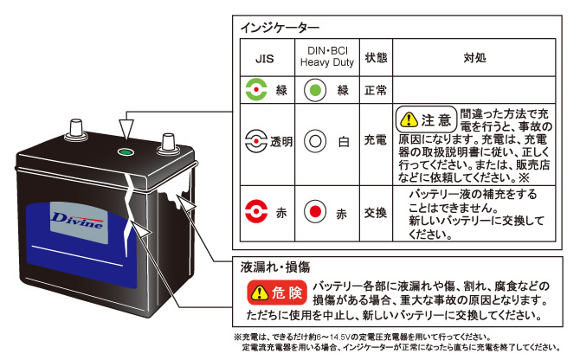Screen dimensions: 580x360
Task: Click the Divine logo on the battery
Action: tap(78, 221)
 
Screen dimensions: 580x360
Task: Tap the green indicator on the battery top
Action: tap(126, 152)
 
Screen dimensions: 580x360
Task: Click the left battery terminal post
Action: tap(76, 130)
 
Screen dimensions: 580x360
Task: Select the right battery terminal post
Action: tap(168, 145)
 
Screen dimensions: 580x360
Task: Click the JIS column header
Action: tap(265, 58)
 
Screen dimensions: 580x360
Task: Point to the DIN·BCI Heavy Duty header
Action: tap(327, 56)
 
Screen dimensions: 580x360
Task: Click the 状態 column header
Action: tap(376, 58)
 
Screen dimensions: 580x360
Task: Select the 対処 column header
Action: tap(474, 58)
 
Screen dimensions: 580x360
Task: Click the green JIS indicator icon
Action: tap(256, 89)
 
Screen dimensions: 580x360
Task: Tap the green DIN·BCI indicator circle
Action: tap(315, 90)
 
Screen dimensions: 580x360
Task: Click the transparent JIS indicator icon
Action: tap(256, 141)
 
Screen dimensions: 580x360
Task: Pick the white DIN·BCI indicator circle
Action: tap(315, 141)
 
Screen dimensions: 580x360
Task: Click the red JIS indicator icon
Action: tap(256, 211)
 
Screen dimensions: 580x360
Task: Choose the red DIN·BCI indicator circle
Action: tap(315, 211)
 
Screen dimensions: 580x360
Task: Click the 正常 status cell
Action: tap(376, 90)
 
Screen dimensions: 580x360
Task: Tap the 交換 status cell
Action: tap(376, 213)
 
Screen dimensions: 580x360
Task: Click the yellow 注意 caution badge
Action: tap(426, 119)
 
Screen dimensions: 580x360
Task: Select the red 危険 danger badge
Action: tap(277, 292)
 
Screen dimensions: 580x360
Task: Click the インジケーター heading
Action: tap(280, 28)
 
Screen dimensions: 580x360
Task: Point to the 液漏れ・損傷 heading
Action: tap(275, 267)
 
